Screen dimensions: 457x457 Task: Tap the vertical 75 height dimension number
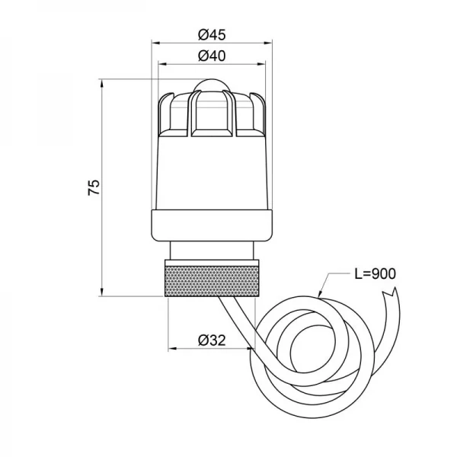tap(94, 187)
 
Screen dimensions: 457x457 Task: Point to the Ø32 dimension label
tap(210, 340)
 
